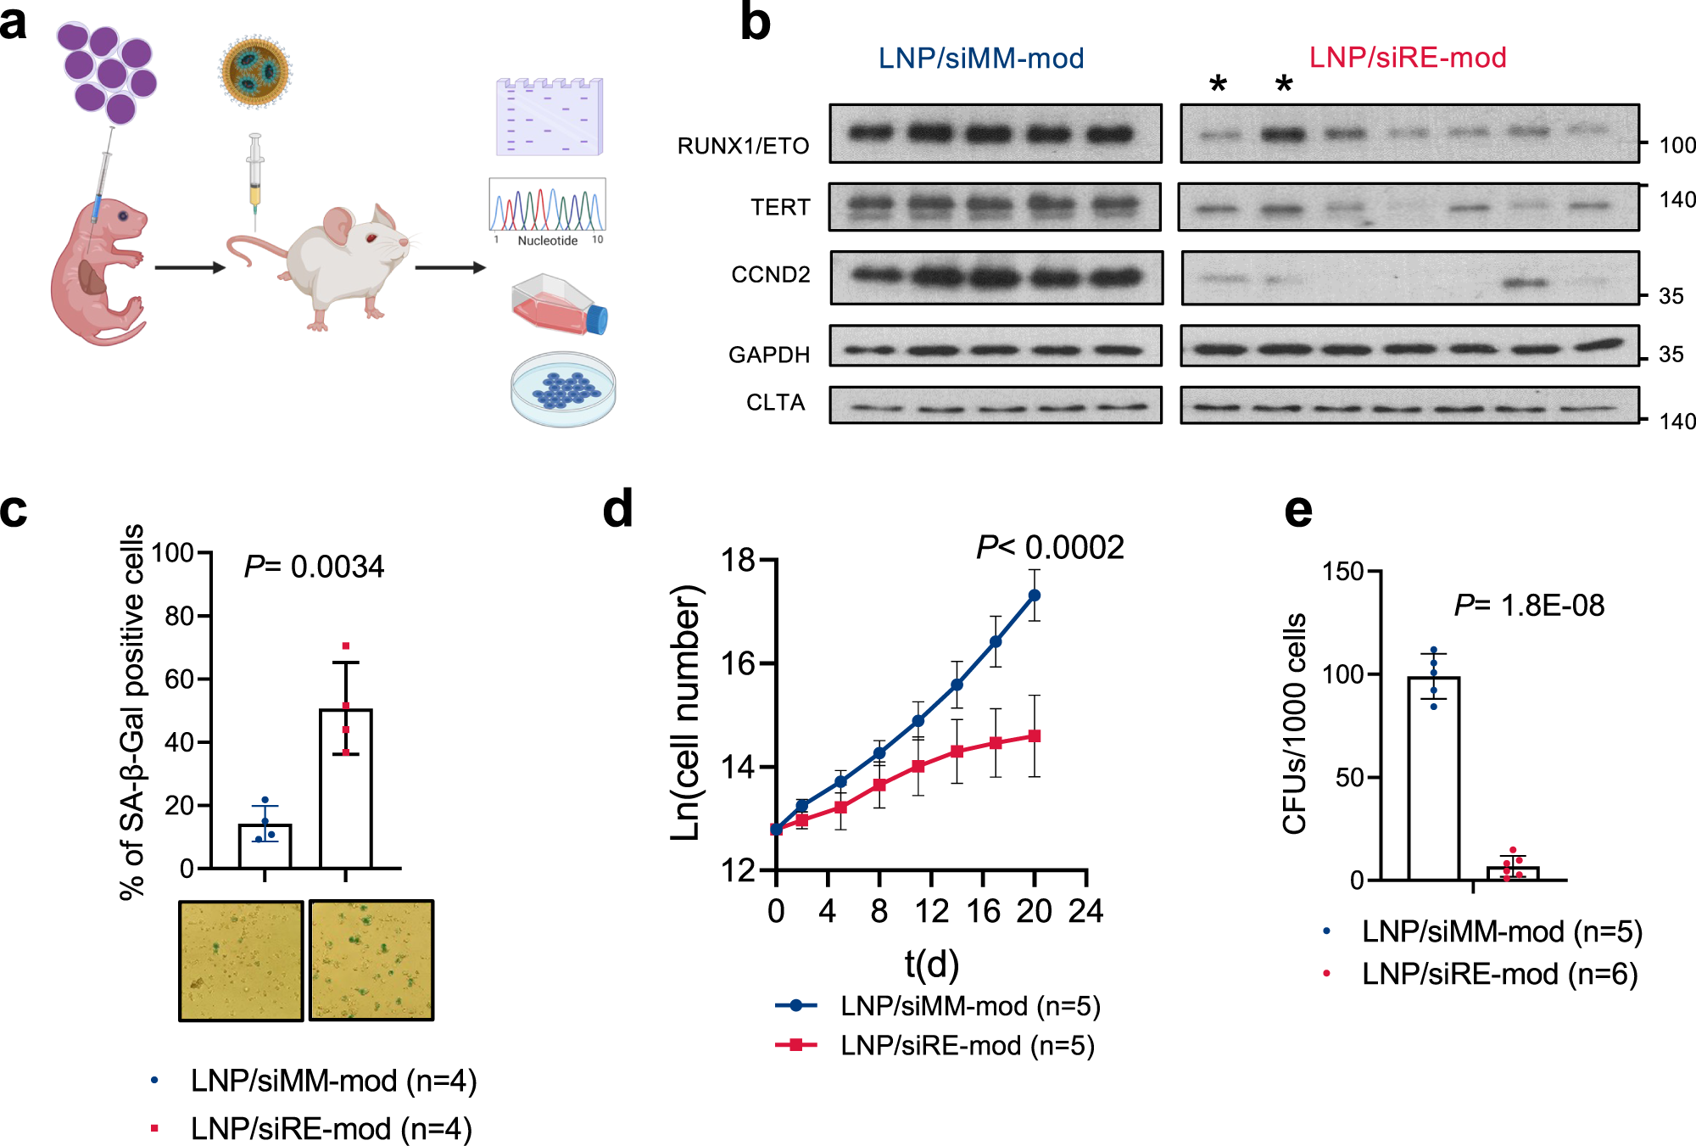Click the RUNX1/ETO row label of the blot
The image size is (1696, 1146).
click(x=743, y=146)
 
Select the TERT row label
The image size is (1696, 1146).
click(x=780, y=207)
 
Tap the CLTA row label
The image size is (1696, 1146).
click(x=775, y=402)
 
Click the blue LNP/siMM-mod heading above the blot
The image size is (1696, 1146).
click(x=981, y=59)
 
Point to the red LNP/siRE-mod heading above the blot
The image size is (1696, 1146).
click(x=1408, y=58)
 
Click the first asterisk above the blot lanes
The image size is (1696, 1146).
click(x=1218, y=84)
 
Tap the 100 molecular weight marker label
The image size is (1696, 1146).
click(x=1676, y=145)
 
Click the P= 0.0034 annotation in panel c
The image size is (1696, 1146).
click(x=314, y=567)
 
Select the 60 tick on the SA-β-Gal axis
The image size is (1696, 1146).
click(x=180, y=679)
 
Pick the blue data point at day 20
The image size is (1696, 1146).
click(x=1035, y=595)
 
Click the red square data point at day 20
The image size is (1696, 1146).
click(x=1035, y=736)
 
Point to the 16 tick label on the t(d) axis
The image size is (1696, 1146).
click(x=983, y=912)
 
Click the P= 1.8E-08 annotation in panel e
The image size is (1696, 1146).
click(x=1529, y=606)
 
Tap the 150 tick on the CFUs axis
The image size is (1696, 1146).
click(x=1343, y=572)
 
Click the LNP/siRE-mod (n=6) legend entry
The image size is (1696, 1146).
click(x=1499, y=974)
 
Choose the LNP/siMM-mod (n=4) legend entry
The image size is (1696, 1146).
click(x=333, y=1081)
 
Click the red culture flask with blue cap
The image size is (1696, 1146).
click(x=560, y=304)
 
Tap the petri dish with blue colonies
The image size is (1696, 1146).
click(x=563, y=389)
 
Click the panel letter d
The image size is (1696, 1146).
click(x=617, y=509)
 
